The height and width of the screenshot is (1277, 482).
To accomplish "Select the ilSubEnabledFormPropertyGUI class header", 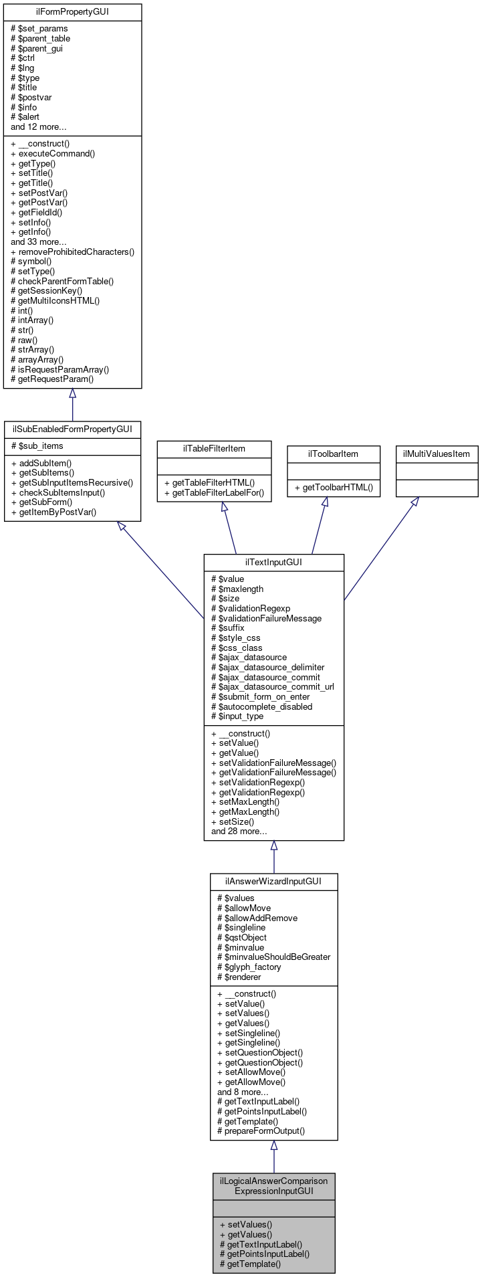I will (x=72, y=429).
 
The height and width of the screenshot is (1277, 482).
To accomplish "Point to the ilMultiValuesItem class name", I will (x=437, y=454).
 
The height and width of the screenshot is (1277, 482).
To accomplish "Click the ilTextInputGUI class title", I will (x=273, y=562).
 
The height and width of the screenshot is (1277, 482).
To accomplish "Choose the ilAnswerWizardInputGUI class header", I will (x=273, y=881).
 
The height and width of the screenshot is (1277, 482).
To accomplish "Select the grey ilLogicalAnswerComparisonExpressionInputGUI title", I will (x=273, y=1185).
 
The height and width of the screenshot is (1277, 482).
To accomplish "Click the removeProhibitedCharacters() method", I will (x=73, y=252).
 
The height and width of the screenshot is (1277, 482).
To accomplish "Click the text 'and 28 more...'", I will (x=239, y=831).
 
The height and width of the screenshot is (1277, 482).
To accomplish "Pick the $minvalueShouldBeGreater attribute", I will (x=274, y=957).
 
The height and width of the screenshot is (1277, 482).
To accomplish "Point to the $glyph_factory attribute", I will (x=249, y=967).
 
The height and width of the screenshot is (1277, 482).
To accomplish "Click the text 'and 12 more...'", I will (x=38, y=126).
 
